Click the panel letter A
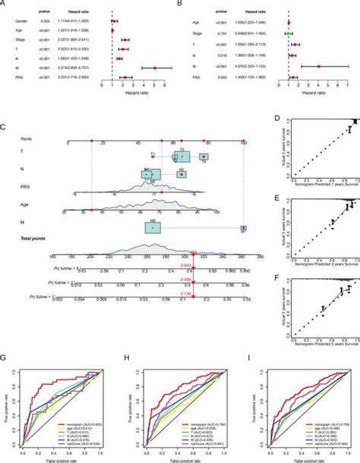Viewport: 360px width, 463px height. pos(4,4)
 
